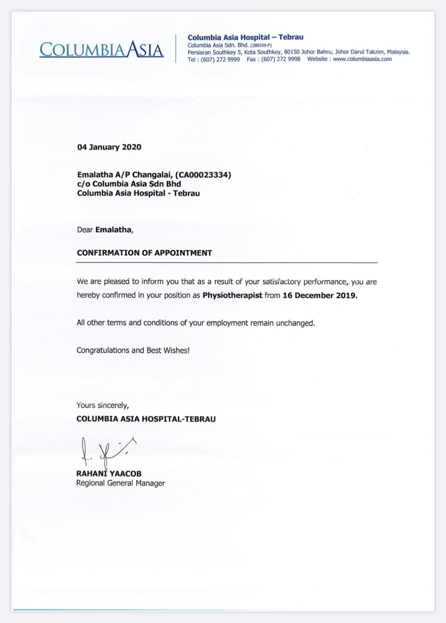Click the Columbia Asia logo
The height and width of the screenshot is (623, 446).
[101, 49]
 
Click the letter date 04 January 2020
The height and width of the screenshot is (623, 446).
[109, 147]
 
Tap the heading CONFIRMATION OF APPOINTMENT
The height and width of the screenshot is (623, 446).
[144, 253]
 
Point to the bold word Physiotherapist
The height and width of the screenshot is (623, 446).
[232, 295]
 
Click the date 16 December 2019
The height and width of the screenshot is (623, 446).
[320, 295]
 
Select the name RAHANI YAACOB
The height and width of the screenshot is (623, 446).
[109, 474]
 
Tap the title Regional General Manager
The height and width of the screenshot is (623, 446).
[121, 483]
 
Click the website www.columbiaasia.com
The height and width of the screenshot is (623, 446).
[362, 59]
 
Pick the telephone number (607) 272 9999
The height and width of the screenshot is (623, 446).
[220, 59]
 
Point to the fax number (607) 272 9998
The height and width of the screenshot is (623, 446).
[281, 59]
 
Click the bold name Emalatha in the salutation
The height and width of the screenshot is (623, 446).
[113, 230]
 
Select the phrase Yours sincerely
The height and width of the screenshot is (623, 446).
[103, 405]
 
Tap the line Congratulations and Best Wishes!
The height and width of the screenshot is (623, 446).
[133, 350]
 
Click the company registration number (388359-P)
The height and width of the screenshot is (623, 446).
[260, 45]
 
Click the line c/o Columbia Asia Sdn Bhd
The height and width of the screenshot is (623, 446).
[129, 184]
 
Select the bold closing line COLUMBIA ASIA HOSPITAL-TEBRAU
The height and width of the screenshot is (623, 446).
[146, 419]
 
